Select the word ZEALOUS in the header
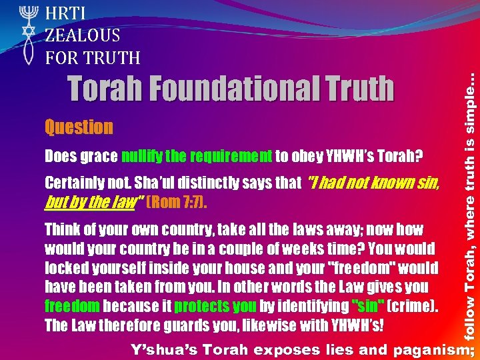tap(83, 35)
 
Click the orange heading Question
tap(79, 127)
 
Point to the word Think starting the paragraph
tap(61, 230)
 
